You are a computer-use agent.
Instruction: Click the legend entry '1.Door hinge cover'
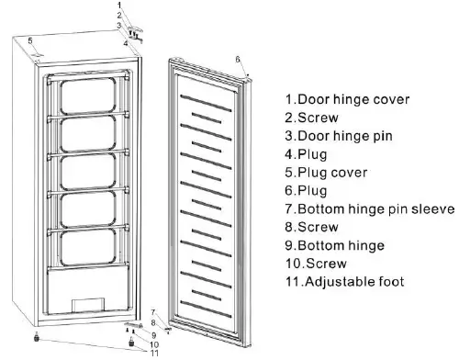click(x=347, y=99)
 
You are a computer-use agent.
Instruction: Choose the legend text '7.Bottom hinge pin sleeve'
click(x=370, y=208)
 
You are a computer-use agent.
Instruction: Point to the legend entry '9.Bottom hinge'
click(x=336, y=245)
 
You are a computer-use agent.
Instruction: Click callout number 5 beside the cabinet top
click(x=30, y=40)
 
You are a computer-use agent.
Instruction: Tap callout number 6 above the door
click(x=238, y=59)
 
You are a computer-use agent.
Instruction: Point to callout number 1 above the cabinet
click(x=118, y=6)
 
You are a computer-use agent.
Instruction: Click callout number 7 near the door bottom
click(x=153, y=313)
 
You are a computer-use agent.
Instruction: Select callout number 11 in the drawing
click(x=154, y=353)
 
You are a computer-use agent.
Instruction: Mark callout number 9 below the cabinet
click(x=154, y=333)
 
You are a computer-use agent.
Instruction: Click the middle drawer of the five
click(x=86, y=171)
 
